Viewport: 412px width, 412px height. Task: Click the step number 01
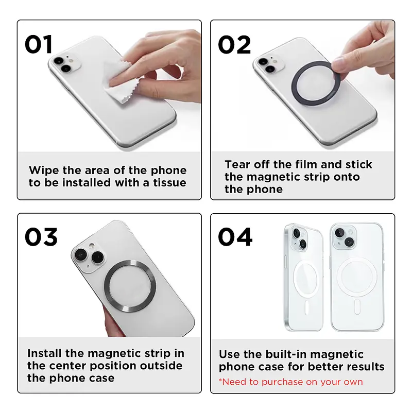pyautogui.click(x=39, y=44)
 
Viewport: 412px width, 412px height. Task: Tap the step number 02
pyautogui.click(x=235, y=44)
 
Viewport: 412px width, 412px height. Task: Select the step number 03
pyautogui.click(x=41, y=237)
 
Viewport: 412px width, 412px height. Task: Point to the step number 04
pyautogui.click(x=235, y=237)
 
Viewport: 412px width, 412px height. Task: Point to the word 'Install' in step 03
pyautogui.click(x=45, y=353)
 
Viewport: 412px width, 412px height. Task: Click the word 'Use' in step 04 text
pyautogui.click(x=230, y=354)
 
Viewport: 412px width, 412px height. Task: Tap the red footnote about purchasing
pyautogui.click(x=291, y=382)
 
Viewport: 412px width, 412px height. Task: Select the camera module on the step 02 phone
pyautogui.click(x=266, y=65)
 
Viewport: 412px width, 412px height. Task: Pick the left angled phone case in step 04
pyautogui.click(x=303, y=278)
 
